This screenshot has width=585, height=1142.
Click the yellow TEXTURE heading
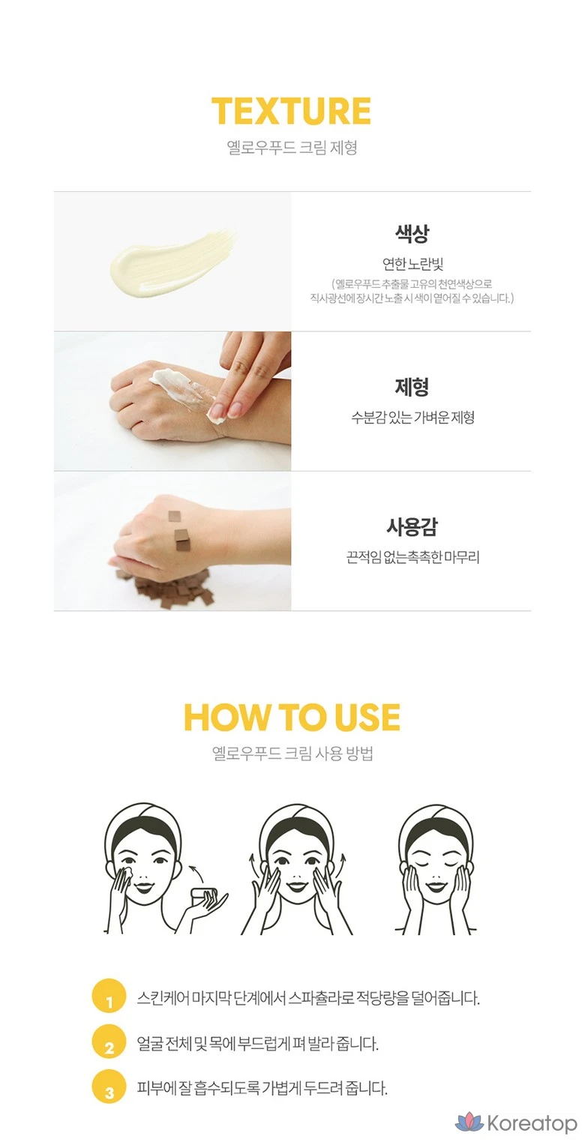tap(291, 111)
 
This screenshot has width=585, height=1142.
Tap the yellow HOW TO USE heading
tap(292, 717)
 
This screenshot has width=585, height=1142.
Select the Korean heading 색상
tap(412, 233)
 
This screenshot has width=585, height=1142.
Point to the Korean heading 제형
tap(412, 387)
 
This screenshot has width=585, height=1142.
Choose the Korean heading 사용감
tap(412, 526)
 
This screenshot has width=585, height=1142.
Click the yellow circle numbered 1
tap(109, 996)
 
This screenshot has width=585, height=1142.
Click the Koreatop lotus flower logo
tap(469, 1122)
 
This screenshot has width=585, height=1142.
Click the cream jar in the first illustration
tap(204, 895)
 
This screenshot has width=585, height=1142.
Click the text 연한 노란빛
tap(412, 264)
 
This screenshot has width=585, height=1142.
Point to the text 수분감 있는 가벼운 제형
tap(412, 418)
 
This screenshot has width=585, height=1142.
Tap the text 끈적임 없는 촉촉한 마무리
tap(412, 557)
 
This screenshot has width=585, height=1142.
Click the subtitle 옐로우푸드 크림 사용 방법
tap(292, 753)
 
